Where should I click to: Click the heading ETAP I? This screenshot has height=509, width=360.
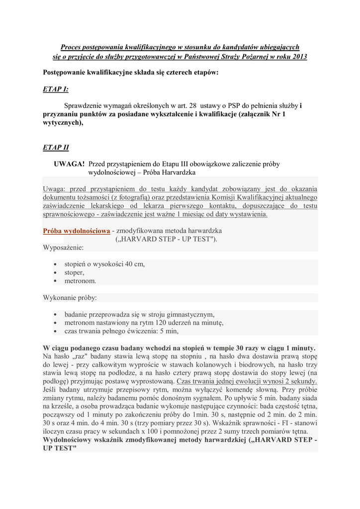pos(56,89)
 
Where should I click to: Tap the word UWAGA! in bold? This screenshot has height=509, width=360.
pos(69,164)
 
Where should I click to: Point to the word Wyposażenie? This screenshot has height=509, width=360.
pos(63,247)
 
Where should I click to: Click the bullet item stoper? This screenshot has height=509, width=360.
pos(74,272)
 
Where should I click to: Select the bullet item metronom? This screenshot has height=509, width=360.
pos(80,281)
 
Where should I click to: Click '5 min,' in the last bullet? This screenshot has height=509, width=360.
pos(167,331)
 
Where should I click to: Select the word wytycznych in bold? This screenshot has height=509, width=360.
pos(61,123)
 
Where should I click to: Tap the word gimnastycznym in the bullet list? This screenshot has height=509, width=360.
pos(190,314)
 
